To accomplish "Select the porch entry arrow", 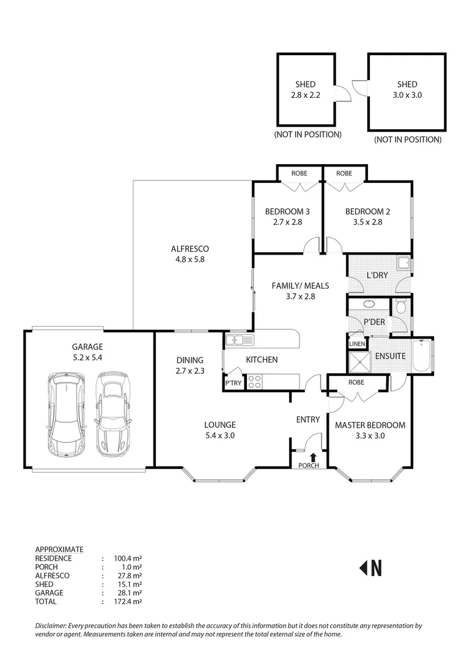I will (314, 457).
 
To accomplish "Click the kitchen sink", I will (235, 339).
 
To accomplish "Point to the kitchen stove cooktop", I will (255, 381).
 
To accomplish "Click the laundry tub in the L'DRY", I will (403, 264).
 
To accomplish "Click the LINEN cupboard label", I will (356, 344).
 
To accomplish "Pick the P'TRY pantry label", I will (233, 383).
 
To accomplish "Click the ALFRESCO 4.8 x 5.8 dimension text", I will (189, 260).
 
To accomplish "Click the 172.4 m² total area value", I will (128, 602).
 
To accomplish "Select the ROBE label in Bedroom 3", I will (299, 173).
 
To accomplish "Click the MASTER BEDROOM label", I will (370, 425).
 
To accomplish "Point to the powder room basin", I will (370, 304).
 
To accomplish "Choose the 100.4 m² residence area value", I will (128, 558).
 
